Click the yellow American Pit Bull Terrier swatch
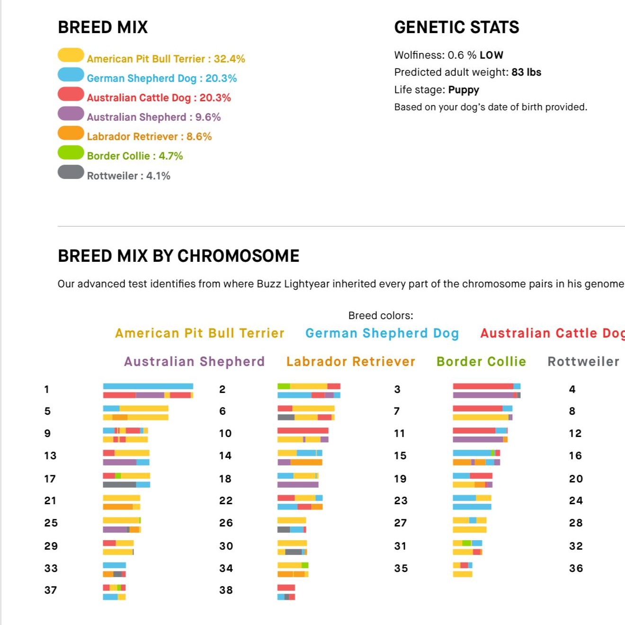71,55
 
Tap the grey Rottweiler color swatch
71,172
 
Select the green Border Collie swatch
71,152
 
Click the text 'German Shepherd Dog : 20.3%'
161,78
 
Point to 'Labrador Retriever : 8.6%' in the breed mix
149,136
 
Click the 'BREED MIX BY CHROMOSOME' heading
179,256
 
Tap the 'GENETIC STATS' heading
456,27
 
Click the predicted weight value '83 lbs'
526,72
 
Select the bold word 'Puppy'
464,89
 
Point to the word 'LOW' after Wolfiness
491,55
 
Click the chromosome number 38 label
226,590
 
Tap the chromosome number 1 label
46,389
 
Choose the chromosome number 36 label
576,568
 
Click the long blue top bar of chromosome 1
148,386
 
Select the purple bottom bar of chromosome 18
298,485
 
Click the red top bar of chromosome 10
303,430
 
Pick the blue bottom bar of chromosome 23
472,507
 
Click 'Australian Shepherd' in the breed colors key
194,361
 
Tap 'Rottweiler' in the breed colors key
583,361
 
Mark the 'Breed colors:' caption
381,315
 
